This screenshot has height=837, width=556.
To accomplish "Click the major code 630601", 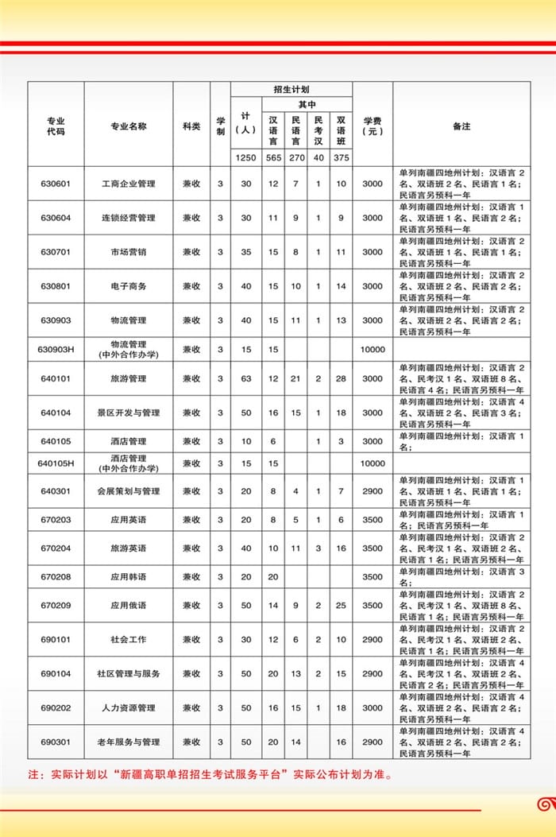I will (56, 184).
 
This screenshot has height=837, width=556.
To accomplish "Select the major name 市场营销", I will (129, 252).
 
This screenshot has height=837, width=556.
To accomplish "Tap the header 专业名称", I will (129, 126).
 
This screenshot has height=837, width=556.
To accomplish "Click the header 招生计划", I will (291, 90).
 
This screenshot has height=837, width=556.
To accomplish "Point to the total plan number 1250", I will (245, 158).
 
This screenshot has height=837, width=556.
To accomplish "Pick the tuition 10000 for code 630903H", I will (373, 349).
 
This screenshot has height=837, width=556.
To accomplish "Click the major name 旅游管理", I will (129, 378).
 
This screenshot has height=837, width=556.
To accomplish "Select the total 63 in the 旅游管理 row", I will (245, 378).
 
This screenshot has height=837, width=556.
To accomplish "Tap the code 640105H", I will (56, 463).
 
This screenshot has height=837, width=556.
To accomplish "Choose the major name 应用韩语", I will (129, 576).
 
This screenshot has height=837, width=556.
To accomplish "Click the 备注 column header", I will (461, 126).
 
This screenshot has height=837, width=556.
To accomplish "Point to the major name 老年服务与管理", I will (129, 742).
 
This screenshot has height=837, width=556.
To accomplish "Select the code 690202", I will (56, 707).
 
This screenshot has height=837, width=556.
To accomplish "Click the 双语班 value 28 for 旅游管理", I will (341, 378).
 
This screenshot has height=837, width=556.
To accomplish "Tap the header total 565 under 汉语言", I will (273, 158).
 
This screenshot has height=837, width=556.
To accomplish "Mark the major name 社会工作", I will (129, 639).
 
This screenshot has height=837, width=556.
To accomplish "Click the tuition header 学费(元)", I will (373, 126).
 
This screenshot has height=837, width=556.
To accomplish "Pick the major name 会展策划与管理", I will (129, 491).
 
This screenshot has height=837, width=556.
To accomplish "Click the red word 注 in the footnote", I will (33, 773).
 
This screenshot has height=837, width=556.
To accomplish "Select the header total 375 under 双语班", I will (341, 158).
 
